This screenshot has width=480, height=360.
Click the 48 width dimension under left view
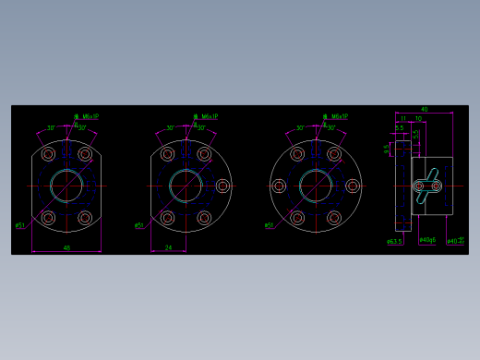click(66, 247)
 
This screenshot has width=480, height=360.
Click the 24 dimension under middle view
click(168, 247)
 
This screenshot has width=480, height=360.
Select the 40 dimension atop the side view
click(424, 110)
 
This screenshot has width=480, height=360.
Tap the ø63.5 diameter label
click(394, 242)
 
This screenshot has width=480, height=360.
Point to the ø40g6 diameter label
click(427, 240)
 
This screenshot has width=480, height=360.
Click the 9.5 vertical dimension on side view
click(387, 148)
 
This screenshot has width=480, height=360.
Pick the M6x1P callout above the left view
click(88, 117)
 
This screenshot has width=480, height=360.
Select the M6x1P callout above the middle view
click(207, 117)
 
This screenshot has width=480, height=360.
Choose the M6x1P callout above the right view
click(337, 117)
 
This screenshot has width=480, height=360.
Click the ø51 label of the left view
click(19, 225)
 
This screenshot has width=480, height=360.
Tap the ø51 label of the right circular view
click(269, 225)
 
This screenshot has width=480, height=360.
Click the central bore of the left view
click(66, 186)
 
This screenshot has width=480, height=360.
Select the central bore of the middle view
click(186, 186)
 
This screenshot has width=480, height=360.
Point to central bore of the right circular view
click(316, 186)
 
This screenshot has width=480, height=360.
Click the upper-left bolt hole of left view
click(48, 154)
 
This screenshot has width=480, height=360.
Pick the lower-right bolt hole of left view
click(85, 218)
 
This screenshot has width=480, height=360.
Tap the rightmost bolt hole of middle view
click(222, 186)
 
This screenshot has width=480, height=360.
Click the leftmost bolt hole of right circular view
click(279, 186)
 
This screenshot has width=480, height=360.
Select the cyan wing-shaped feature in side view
click(426, 186)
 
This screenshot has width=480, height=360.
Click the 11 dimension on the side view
click(403, 118)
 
